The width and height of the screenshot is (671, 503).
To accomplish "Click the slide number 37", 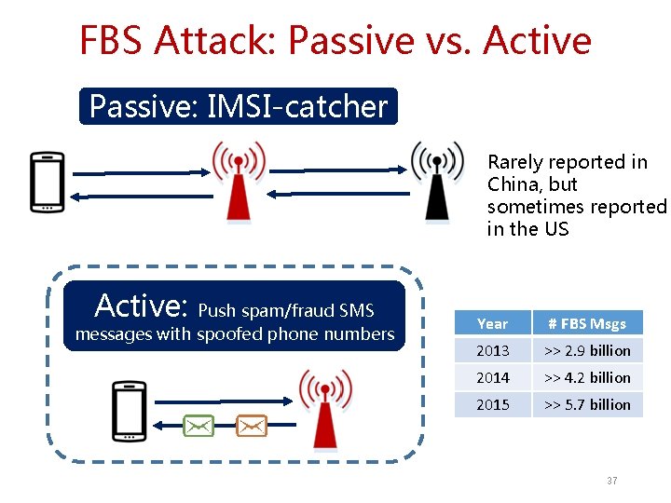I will click(611, 481).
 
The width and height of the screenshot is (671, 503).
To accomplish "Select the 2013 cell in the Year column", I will click(492, 351).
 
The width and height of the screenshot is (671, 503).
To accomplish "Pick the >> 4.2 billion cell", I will click(587, 378).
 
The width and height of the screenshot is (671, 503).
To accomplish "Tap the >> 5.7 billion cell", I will click(587, 405).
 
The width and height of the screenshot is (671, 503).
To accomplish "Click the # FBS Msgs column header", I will click(587, 324).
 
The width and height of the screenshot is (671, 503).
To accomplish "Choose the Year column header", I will click(492, 324).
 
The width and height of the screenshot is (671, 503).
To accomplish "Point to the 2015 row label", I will click(492, 405).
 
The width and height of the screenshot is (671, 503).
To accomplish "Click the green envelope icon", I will click(198, 426).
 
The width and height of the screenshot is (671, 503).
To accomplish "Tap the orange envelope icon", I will click(252, 426).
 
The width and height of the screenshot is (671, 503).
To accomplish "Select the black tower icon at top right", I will click(437, 182).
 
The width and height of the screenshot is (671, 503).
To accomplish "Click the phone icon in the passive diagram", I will click(47, 182).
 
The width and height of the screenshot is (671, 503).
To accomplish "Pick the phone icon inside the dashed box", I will click(129, 411).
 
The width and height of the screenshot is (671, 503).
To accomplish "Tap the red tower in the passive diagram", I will click(239, 182).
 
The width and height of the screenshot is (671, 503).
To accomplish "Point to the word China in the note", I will click(513, 184).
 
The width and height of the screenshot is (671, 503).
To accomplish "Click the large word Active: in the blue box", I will click(143, 305).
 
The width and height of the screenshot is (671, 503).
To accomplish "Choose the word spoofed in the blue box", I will click(230, 333).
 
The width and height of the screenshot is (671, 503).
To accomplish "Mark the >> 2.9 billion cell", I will click(587, 351).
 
